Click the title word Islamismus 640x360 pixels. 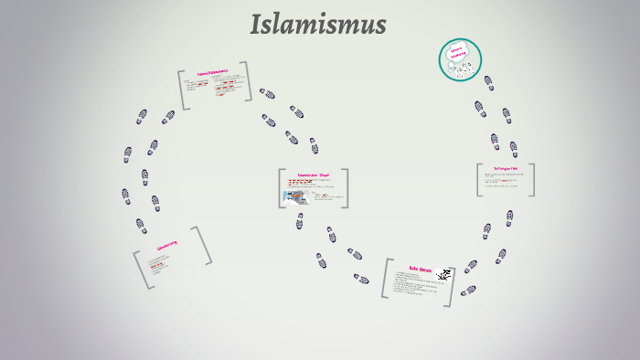point(318,25)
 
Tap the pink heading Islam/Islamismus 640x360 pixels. point(212,72)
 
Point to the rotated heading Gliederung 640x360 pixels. point(166,246)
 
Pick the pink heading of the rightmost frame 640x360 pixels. point(506,168)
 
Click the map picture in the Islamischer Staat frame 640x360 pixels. point(296,196)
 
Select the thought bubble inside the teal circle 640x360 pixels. point(458,52)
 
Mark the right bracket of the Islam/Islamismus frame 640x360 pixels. point(248,81)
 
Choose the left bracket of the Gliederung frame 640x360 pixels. point(142,271)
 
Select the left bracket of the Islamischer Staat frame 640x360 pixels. point(281,188)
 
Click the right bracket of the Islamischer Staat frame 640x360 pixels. point(346,188)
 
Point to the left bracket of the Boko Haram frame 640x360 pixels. point(386,278)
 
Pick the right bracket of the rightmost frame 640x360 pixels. point(531,180)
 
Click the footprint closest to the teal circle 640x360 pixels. point(488,83)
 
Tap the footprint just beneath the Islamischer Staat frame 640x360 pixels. point(299,221)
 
